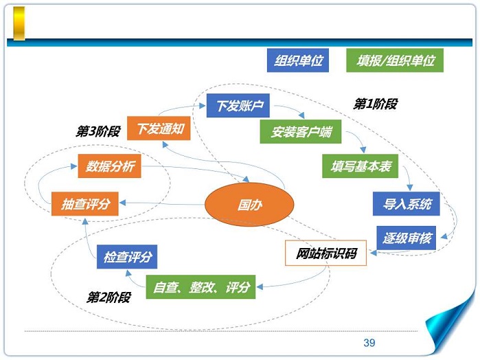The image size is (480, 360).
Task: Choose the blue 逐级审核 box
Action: click(407, 238)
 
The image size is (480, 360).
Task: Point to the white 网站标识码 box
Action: click(326, 254)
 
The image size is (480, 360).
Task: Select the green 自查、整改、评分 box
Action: click(201, 286)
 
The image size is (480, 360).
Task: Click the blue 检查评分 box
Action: click(128, 257)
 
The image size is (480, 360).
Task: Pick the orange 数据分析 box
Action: click(110, 166)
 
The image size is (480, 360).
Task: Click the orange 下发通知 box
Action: click(159, 128)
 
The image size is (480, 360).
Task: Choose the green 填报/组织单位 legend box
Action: click(396, 60)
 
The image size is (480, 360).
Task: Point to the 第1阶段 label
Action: click(375, 104)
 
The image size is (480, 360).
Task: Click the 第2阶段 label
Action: click(107, 297)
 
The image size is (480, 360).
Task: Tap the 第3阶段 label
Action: click(98, 131)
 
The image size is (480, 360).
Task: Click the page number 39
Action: click(369, 343)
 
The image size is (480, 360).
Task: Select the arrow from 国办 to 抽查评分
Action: click(161, 203)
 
